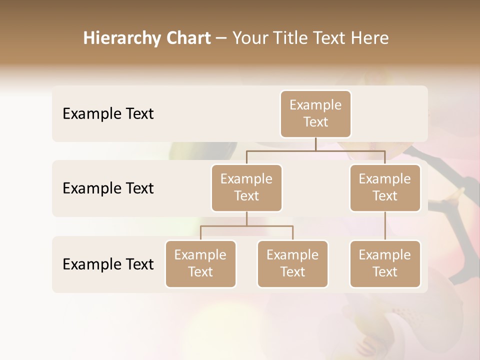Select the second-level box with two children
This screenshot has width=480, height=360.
pos(246,187)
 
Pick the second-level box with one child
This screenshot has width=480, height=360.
pos(385,187)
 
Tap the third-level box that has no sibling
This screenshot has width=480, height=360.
pos(385,263)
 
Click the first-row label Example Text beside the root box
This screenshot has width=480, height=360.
pos(108,114)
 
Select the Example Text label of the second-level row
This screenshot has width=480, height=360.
pos(108,188)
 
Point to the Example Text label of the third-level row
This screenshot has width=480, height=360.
pos(108,264)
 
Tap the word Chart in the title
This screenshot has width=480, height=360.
pos(189,38)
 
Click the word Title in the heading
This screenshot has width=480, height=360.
pos(293,38)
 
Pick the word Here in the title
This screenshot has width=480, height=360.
pos(370,38)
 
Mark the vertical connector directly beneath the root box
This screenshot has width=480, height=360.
pos(315,144)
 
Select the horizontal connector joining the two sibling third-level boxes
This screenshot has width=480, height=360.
pos(246,226)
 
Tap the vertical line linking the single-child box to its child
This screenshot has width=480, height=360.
pos(385,226)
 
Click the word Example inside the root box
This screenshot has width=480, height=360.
pos(315,105)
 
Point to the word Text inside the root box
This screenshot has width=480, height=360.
pos(315,122)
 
